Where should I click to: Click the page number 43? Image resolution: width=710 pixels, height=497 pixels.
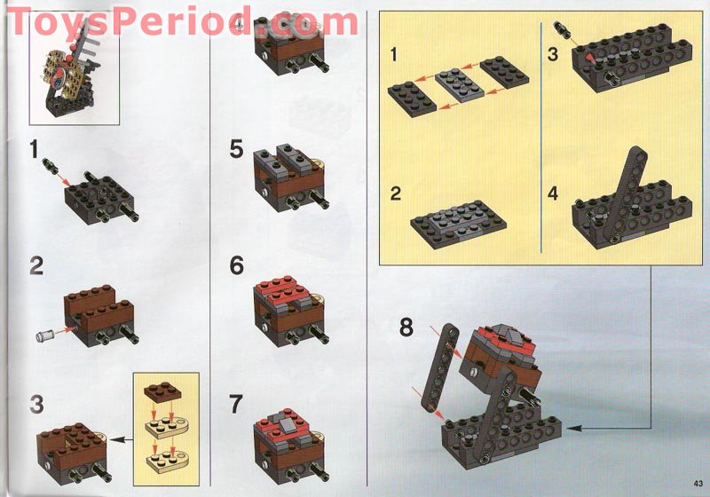coord(698,483)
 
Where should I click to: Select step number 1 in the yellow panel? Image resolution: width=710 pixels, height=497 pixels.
coord(393,54)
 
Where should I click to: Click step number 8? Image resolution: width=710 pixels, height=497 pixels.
coord(406,327)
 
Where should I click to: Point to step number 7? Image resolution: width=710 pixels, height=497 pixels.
coord(235,404)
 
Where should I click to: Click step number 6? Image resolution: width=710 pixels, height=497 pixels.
coord(236,265)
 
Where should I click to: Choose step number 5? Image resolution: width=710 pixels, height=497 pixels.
coord(236,149)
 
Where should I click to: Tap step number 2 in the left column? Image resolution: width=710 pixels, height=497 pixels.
coord(36,265)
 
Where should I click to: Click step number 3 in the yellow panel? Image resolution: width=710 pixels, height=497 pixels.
coord(552,54)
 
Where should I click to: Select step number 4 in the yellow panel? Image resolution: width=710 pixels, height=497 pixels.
coord(552,193)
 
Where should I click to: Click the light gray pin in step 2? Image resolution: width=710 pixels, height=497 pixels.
coord(45,335)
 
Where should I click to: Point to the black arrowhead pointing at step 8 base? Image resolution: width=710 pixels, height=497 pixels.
coord(572,428)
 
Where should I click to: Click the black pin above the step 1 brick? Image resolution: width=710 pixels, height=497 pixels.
coord(49,163)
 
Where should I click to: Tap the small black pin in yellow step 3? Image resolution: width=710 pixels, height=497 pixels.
coord(561,29)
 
